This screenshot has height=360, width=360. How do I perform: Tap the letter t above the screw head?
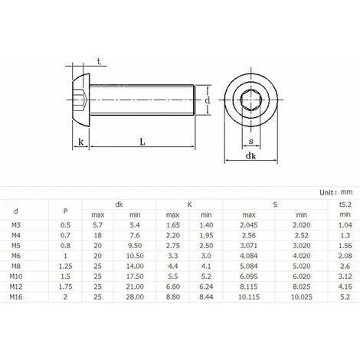point(100,61)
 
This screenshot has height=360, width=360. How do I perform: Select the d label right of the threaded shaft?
point(207,100)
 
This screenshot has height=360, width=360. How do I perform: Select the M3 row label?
point(15,227)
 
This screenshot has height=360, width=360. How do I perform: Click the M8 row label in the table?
point(15,265)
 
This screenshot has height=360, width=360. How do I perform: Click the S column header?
point(275,205)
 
